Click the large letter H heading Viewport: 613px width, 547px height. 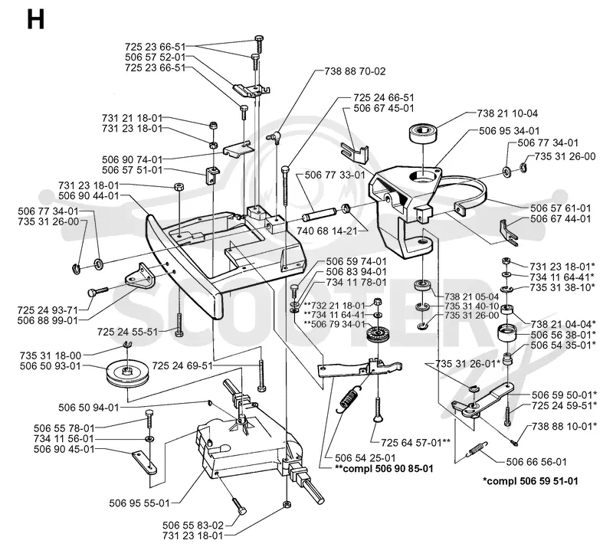coord(35,19)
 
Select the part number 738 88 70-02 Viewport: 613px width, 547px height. coord(355,71)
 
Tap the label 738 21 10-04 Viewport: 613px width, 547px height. coord(507,113)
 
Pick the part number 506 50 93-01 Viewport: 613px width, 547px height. coord(50,366)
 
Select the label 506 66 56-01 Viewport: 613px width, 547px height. coord(536,462)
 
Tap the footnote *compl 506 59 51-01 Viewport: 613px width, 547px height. coord(530,481)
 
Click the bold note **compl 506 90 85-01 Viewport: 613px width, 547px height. coord(384,468)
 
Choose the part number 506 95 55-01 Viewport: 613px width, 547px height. coord(139,503)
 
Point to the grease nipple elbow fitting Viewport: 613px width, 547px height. coord(274,136)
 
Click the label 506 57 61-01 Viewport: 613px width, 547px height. coord(561,208)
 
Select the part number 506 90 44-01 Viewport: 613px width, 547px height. coord(88,196)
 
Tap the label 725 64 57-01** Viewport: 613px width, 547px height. coord(415,443)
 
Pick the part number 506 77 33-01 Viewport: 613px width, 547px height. coord(335,175)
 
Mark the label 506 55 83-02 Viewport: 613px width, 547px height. coord(193,526)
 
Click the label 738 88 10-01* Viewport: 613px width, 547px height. coord(564,426)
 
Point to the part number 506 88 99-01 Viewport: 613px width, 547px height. coord(48,320)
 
